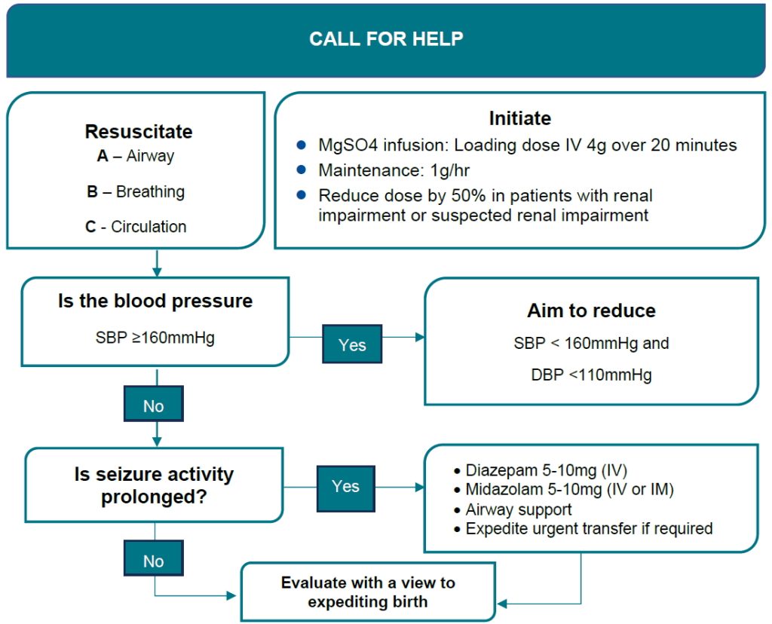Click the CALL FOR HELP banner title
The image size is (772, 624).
386,39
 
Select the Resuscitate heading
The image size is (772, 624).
138,132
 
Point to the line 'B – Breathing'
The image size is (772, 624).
136,192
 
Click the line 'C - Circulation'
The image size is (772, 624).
136,227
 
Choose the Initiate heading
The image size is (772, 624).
519,118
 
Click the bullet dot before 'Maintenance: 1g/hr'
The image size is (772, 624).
302,170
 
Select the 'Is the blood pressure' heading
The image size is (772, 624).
155,301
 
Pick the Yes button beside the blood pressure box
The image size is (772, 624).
352,345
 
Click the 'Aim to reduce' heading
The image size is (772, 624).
591,310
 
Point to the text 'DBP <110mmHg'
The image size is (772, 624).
591,375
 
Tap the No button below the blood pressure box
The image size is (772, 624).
153,406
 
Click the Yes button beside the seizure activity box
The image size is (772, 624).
345,487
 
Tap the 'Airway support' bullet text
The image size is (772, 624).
519,509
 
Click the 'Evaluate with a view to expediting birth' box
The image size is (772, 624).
368,592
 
